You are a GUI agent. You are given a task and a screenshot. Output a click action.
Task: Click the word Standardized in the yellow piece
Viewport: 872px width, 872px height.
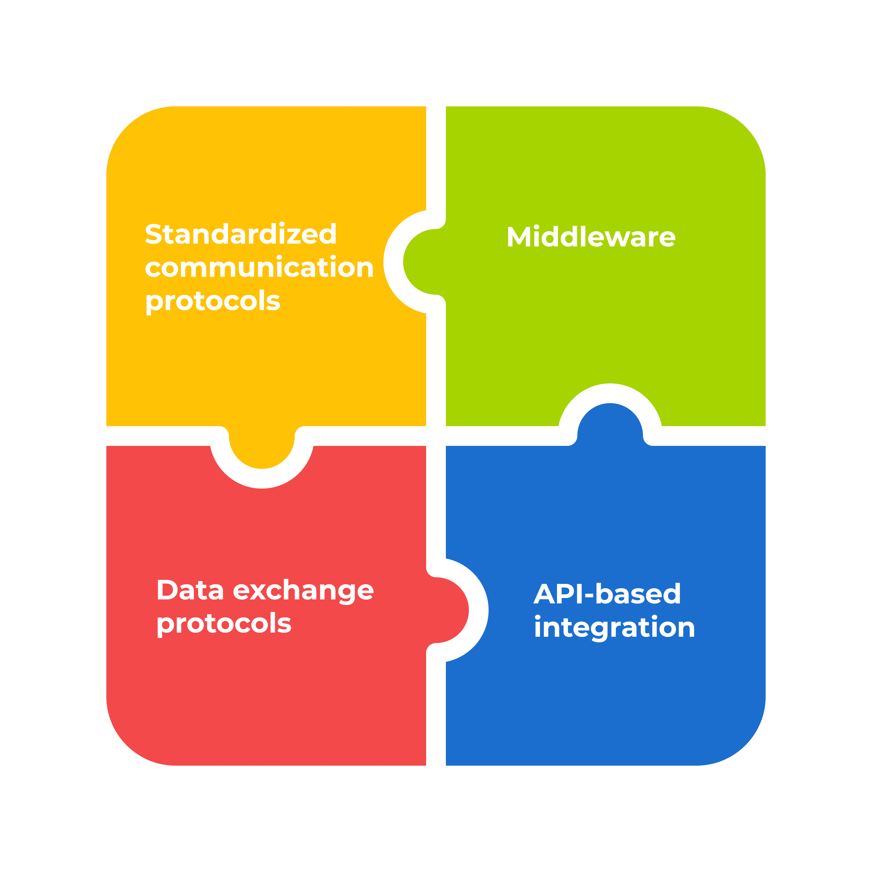[x=240, y=234]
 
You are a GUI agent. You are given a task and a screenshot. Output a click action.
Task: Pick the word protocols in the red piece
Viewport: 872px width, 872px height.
[x=224, y=624]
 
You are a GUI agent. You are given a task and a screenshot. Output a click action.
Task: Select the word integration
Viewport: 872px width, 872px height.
[x=614, y=628]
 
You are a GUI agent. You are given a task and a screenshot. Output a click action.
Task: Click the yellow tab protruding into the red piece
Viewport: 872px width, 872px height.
[x=262, y=449]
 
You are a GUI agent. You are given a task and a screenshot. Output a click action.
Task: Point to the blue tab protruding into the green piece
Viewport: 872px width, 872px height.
[x=610, y=424]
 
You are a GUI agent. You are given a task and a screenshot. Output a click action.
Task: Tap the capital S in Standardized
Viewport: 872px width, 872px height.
[x=153, y=234]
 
